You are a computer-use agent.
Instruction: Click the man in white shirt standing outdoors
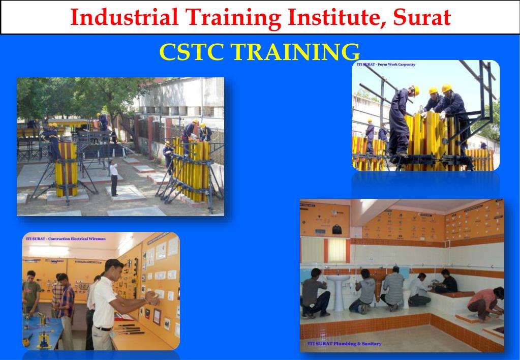click(x=114, y=178)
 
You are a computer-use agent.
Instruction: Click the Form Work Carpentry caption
click(x=386, y=65)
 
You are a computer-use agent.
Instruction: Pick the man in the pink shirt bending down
click(x=486, y=303)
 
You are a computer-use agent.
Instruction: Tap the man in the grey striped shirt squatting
click(x=393, y=288)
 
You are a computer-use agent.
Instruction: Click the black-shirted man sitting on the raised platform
click(x=447, y=282)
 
